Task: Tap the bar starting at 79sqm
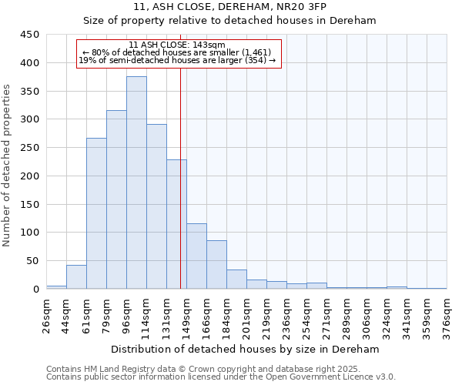point(116,199)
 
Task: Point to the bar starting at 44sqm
point(76,276)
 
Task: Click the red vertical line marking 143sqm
point(180,192)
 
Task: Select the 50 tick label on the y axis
point(32,261)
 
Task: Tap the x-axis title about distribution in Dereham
point(246,349)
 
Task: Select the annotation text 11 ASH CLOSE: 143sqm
point(177,45)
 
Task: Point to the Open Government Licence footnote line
point(221,377)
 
